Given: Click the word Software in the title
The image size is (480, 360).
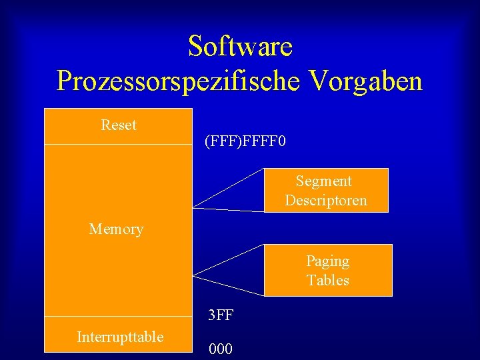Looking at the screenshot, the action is tap(240, 47).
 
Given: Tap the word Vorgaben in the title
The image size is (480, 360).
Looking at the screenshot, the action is tap(365, 81).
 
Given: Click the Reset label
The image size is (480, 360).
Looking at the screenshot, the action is tap(119, 125).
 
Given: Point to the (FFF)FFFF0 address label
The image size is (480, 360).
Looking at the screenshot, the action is tap(245, 142).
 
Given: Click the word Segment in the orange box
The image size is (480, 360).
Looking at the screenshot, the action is tap(324, 181).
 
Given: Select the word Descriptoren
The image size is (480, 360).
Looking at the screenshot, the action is tap(326, 201).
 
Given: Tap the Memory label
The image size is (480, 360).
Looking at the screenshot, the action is tap(116, 229).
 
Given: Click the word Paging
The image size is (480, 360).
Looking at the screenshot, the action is tap(327, 261).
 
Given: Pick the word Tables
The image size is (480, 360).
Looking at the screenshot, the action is tap(327, 280).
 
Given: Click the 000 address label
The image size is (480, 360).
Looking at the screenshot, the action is tap(221, 349).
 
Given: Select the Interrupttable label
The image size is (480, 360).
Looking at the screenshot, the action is tap(120, 337).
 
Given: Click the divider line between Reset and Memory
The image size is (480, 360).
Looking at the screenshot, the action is tap(118, 144).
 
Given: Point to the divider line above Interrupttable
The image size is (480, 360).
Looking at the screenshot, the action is tap(118, 316).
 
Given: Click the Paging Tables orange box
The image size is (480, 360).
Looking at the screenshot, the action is tap(373, 270).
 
